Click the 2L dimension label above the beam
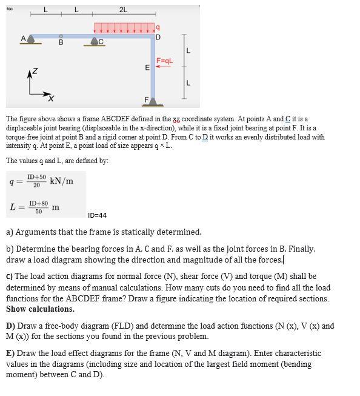pyautogui.click(x=123, y=10)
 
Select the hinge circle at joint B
pyautogui.click(x=61, y=36)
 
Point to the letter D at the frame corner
pyautogui.click(x=158, y=38)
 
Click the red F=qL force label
pyautogui.click(x=165, y=61)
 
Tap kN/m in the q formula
pyautogui.click(x=62, y=181)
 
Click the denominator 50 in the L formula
pyautogui.click(x=39, y=211)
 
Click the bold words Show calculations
pyautogui.click(x=40, y=309)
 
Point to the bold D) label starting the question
pyautogui.click(x=10, y=326)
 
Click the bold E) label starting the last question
pyautogui.click(x=10, y=353)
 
